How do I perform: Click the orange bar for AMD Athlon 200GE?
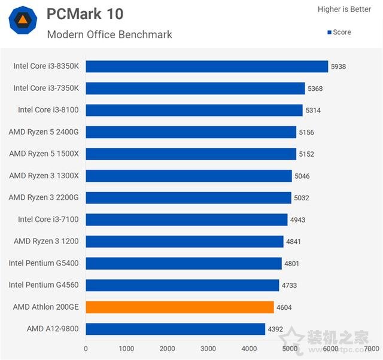(x=180, y=307)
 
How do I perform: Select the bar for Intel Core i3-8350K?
(x=206, y=66)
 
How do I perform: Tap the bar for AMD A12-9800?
(x=175, y=329)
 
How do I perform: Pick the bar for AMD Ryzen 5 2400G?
(x=191, y=132)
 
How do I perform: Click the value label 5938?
(x=338, y=66)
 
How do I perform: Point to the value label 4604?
(x=284, y=307)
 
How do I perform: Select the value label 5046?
(x=302, y=176)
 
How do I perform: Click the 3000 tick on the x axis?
(x=208, y=349)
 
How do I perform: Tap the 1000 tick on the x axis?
(x=126, y=349)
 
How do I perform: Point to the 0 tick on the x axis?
(x=86, y=349)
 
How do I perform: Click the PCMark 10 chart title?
(x=85, y=14)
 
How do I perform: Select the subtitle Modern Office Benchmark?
(x=110, y=35)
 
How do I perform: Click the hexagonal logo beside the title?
(x=23, y=21)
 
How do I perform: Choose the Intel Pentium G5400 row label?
(x=44, y=263)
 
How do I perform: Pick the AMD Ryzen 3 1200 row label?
(x=46, y=241)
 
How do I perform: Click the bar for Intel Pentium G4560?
(x=182, y=285)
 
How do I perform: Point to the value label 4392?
(x=276, y=329)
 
